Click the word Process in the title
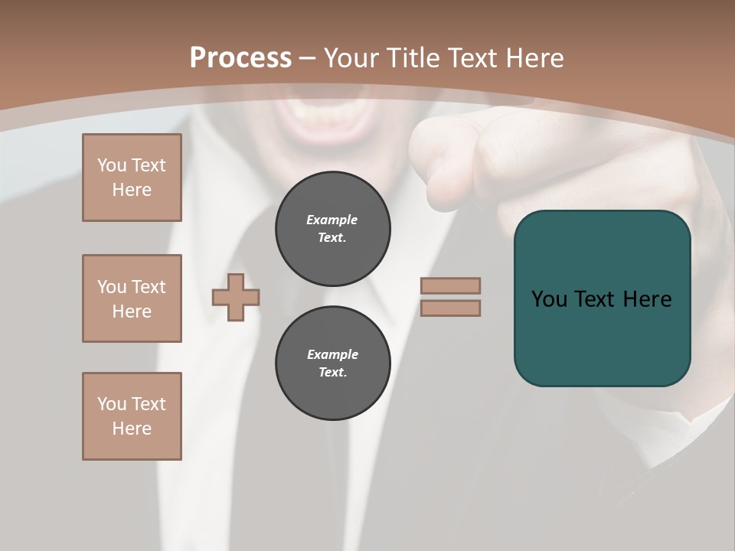pyautogui.click(x=240, y=57)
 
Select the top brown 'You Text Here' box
pyautogui.click(x=132, y=178)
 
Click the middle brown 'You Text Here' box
pyautogui.click(x=132, y=298)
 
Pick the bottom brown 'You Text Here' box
pyautogui.click(x=132, y=416)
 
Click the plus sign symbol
pyautogui.click(x=236, y=297)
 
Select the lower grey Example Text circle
pyautogui.click(x=333, y=364)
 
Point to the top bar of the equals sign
pyautogui.click(x=450, y=285)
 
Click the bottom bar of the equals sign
pyautogui.click(x=450, y=308)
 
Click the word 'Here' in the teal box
pyautogui.click(x=647, y=299)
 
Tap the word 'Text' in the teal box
pyautogui.click(x=596, y=299)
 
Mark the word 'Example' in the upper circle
pyautogui.click(x=332, y=220)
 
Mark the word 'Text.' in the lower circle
pyautogui.click(x=332, y=373)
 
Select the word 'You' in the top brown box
pyautogui.click(x=111, y=165)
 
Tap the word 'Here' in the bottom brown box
pyautogui.click(x=132, y=429)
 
